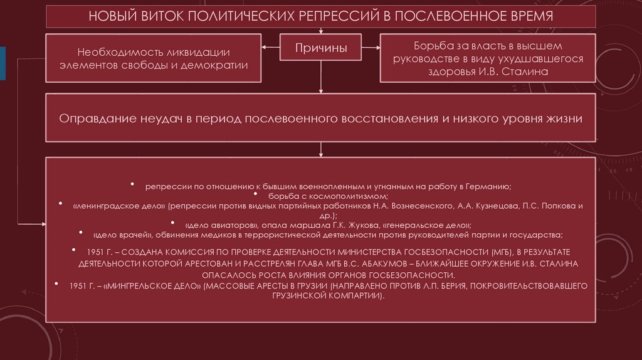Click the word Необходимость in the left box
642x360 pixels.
(x=120, y=51)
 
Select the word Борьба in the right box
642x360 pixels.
(x=434, y=46)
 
